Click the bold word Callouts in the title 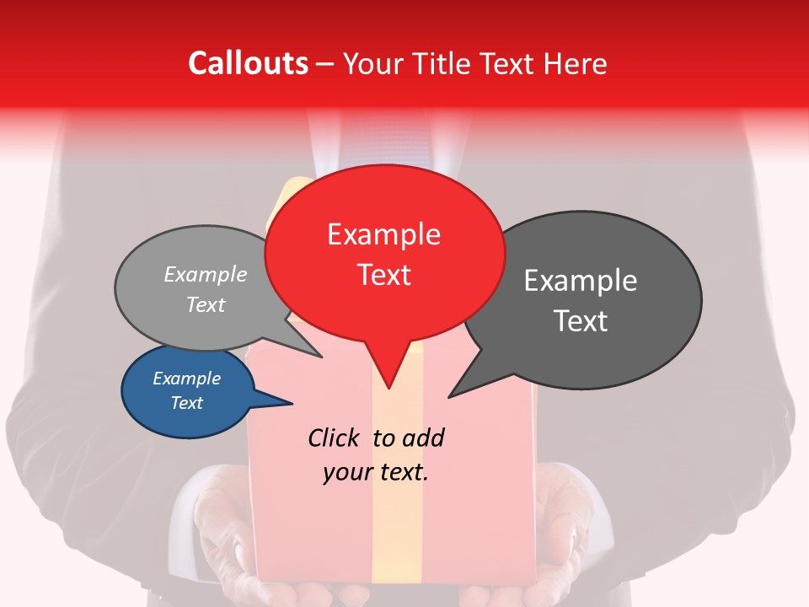(x=248, y=63)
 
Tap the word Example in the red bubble (x=384, y=234)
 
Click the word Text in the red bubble (x=384, y=275)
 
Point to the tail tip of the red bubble (x=388, y=387)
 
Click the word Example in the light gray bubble (x=206, y=274)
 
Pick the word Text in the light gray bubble (x=206, y=304)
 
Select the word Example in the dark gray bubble (x=581, y=281)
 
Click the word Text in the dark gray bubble (x=581, y=321)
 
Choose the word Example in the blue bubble (x=187, y=379)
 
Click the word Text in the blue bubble (x=187, y=403)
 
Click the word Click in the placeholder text (x=335, y=438)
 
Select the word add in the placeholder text (x=422, y=438)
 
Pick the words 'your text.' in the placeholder (x=376, y=472)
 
